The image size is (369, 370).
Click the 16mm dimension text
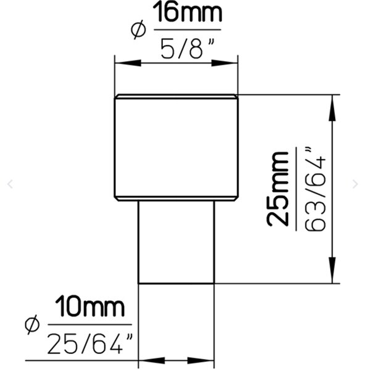pyautogui.click(x=188, y=12)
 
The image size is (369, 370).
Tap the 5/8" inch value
pyautogui.click(x=188, y=48)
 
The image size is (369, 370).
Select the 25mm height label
pyautogui.click(x=278, y=189)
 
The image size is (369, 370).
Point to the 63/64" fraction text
pyautogui.click(x=315, y=189)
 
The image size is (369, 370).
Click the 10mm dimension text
pyautogui.click(x=89, y=307)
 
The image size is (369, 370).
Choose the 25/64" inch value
pyautogui.click(x=89, y=343)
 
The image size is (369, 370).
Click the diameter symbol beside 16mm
pyautogui.click(x=138, y=30)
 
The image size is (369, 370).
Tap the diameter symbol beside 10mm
pyautogui.click(x=32, y=325)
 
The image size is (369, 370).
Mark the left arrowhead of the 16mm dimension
pyautogui.click(x=128, y=63)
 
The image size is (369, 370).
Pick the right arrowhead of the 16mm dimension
pyautogui.click(x=225, y=63)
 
